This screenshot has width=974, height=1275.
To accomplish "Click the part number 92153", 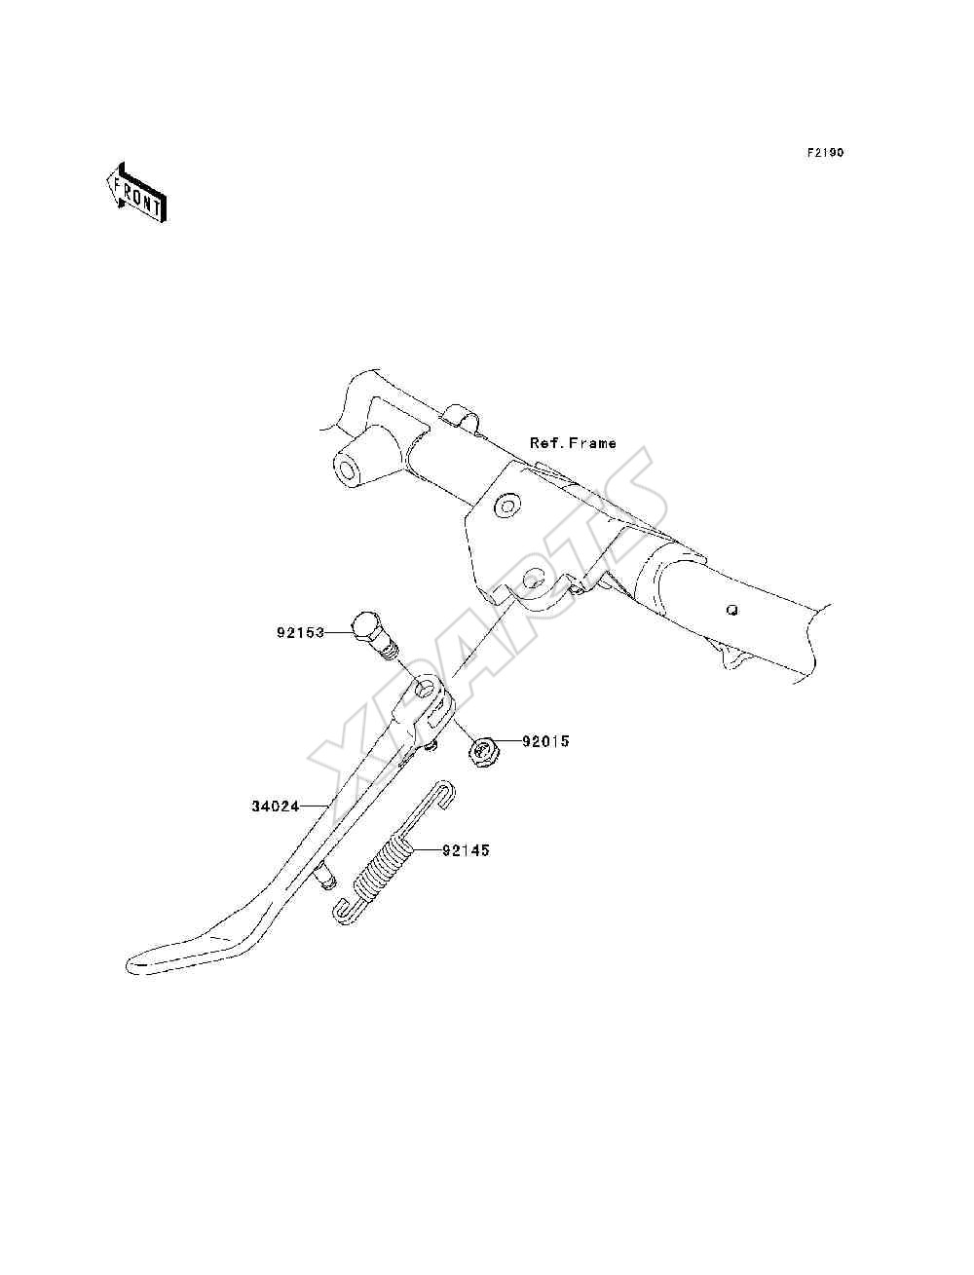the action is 300,632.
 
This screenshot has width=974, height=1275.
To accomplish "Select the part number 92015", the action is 544,741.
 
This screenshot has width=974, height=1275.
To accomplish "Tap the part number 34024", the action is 276,806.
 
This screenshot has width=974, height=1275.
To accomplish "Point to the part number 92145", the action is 466,850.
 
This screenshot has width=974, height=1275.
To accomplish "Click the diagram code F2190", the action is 825,153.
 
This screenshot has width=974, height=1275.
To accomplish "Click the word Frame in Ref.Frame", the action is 592,443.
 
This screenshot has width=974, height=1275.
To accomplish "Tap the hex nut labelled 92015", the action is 480,753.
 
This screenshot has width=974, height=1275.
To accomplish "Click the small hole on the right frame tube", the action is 732,610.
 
